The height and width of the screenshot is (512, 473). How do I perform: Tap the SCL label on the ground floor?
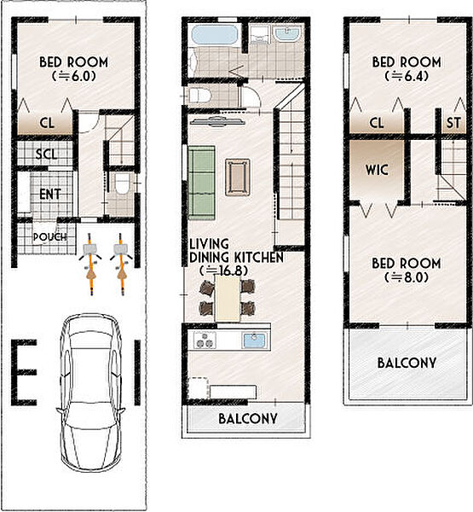point(46,154)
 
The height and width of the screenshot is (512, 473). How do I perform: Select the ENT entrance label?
point(50,194)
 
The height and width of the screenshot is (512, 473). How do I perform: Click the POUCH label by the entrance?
point(50,237)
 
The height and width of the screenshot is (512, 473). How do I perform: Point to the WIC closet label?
point(377,170)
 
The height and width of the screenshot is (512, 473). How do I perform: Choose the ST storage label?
point(453,123)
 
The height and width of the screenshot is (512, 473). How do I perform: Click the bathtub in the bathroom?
point(214,35)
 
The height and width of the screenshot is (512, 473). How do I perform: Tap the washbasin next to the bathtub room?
point(287,34)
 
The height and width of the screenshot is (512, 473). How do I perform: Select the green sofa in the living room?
point(202,183)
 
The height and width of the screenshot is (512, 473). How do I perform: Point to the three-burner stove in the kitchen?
point(205,340)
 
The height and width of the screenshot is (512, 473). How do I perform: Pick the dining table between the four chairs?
point(228,298)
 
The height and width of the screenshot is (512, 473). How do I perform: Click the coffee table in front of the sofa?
point(238,177)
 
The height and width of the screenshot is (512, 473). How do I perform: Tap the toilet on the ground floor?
point(122,183)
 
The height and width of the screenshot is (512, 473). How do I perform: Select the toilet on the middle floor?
point(200,96)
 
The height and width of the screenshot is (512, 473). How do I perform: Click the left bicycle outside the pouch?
point(90,264)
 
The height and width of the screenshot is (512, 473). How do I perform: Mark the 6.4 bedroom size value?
point(407,76)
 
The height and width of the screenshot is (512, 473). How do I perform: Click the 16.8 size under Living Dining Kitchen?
point(223,271)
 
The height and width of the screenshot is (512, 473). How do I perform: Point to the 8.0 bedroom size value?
point(407,277)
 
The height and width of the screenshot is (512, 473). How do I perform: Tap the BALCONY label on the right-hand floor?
point(407,363)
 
